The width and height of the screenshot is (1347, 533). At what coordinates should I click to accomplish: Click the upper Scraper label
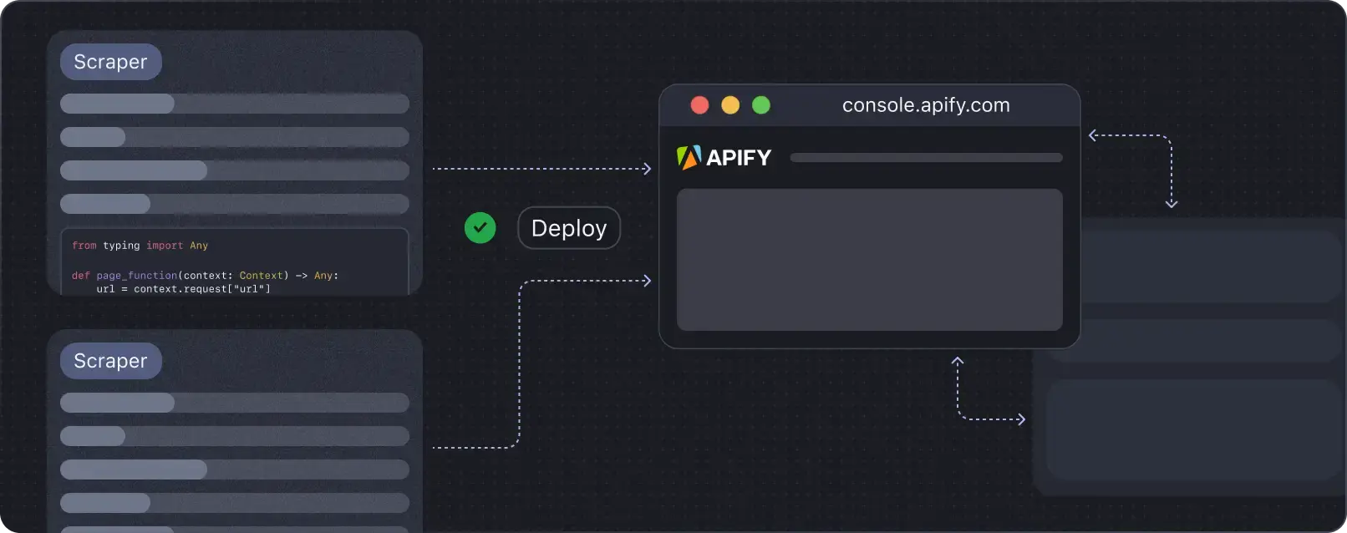tap(110, 62)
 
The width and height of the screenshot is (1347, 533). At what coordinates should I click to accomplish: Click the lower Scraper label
tap(110, 361)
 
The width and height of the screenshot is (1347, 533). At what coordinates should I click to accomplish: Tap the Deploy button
tap(569, 228)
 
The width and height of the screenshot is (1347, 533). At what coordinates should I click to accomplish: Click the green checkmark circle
tap(480, 228)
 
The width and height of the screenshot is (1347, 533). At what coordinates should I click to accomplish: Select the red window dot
tap(700, 105)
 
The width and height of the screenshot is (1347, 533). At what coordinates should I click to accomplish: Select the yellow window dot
tap(730, 105)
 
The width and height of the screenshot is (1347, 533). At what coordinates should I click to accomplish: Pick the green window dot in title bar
tap(761, 105)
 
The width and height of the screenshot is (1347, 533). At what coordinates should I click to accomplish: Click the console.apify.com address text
tap(926, 105)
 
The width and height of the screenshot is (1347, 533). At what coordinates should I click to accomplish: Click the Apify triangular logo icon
tap(689, 157)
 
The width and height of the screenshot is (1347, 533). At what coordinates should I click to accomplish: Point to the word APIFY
tap(739, 158)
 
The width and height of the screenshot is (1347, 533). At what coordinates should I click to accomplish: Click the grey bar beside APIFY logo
tap(926, 158)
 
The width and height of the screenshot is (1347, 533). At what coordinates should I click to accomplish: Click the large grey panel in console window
tap(869, 259)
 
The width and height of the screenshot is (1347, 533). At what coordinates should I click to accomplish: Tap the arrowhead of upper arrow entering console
tap(647, 169)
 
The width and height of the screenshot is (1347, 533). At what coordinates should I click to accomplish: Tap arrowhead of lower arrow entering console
tap(647, 281)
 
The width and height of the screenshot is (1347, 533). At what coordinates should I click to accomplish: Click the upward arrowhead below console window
tap(958, 361)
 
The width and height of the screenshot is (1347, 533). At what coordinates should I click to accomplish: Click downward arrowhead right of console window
tap(1172, 203)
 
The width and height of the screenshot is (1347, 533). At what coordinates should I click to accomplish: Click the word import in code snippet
tap(165, 246)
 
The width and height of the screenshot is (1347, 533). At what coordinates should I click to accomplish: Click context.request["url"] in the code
tap(201, 289)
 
